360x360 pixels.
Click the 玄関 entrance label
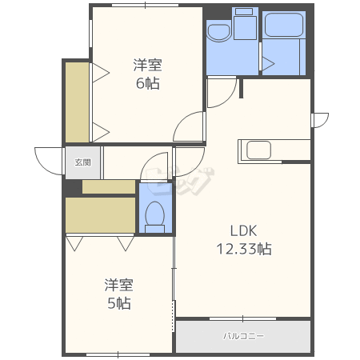click(83, 162)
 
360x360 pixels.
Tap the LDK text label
click(243, 231)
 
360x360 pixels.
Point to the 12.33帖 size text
click(244, 249)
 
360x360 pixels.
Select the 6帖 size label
click(148, 83)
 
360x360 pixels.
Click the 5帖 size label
click(119, 303)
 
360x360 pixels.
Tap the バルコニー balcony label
click(243, 336)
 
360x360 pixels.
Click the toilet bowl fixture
click(155, 217)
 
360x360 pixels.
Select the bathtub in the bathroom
click(283, 24)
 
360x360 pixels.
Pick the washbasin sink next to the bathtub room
click(219, 33)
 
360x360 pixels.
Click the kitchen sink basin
click(258, 150)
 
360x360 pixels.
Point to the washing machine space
click(245, 24)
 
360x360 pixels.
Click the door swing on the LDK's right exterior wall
click(322, 120)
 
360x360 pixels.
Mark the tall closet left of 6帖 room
click(77, 102)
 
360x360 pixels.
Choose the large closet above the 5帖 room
click(100, 215)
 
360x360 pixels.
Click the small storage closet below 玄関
click(109, 186)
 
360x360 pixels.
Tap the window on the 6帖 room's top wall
click(145, 5)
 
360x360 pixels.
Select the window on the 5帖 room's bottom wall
click(118, 355)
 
